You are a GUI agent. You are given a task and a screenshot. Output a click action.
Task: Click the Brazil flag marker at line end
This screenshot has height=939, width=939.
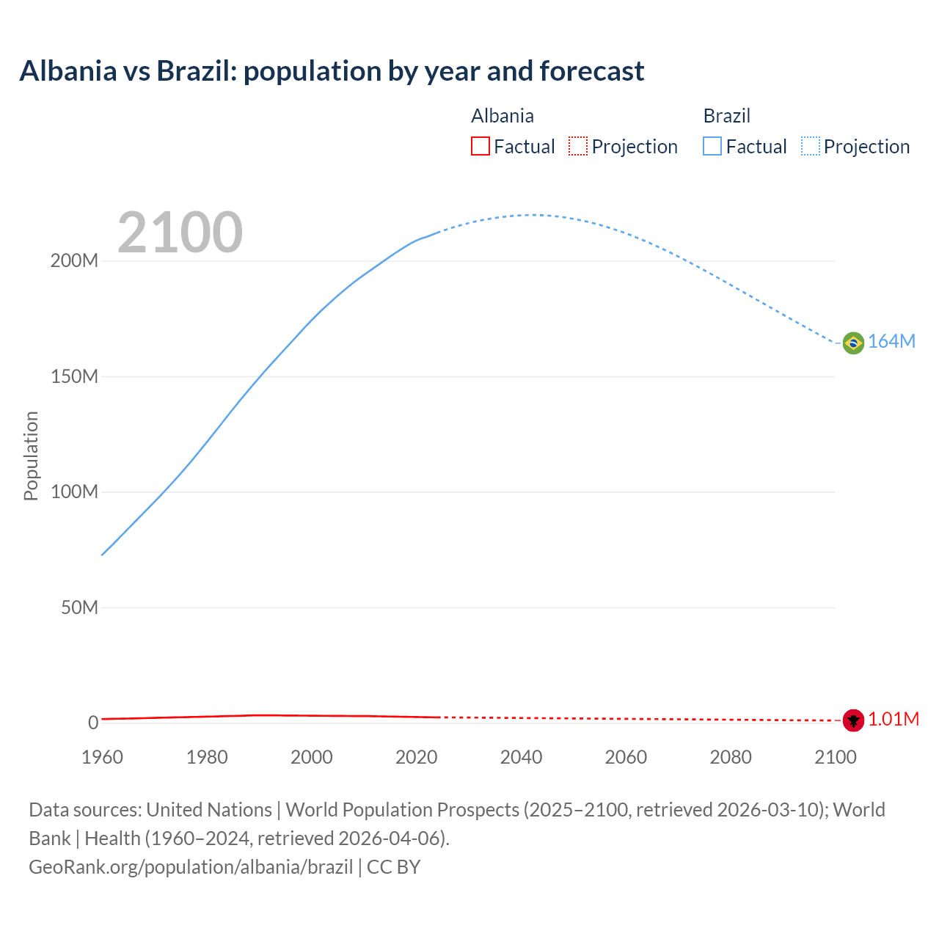[853, 343]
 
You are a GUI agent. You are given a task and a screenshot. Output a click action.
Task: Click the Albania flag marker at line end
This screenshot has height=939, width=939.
[853, 720]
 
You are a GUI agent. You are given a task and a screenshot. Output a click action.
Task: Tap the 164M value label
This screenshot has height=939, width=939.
[891, 342]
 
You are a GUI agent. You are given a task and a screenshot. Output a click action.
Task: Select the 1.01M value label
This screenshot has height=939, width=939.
[893, 720]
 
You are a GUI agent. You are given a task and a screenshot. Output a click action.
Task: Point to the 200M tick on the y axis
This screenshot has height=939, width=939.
[74, 261]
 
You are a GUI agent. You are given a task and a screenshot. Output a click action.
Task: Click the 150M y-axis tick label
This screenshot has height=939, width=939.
[74, 377]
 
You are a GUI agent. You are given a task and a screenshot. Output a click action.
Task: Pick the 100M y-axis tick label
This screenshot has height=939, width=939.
[74, 492]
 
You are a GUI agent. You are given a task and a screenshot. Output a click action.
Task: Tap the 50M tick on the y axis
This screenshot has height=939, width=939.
[79, 607]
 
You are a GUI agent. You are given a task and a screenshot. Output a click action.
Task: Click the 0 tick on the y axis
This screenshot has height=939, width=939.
[93, 723]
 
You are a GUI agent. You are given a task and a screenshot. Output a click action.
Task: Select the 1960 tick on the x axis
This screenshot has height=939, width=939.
[102, 757]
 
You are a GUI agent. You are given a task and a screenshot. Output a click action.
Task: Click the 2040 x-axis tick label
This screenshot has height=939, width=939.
[521, 757]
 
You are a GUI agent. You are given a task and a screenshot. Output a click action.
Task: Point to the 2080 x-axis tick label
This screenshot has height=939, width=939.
[731, 757]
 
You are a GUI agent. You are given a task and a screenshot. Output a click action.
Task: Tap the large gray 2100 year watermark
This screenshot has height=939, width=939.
[180, 233]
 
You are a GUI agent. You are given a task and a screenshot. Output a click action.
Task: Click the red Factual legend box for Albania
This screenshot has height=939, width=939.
[480, 147]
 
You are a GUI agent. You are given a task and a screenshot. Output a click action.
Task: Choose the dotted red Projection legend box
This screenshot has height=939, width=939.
[578, 147]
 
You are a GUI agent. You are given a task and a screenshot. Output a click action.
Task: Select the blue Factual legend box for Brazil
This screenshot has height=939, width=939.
[712, 147]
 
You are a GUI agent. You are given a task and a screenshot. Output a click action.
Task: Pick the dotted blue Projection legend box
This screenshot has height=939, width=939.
[811, 147]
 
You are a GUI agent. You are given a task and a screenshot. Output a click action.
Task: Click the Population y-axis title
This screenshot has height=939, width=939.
[31, 456]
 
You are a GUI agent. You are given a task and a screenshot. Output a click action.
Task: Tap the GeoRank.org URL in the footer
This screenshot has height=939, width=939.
[191, 867]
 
